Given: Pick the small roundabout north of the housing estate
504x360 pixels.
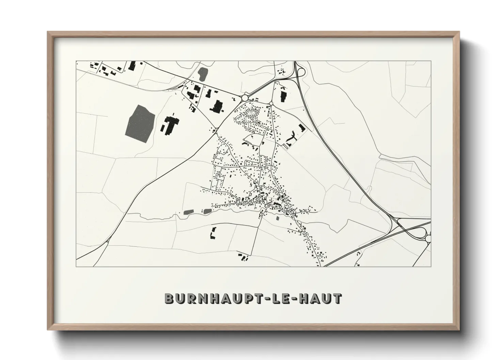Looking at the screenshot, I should click(271, 103).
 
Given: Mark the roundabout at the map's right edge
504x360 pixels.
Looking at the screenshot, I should click(428, 239).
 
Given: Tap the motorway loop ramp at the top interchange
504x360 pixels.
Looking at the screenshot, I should click(301, 71).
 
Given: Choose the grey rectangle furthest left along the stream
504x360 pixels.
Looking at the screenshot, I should click(188, 212).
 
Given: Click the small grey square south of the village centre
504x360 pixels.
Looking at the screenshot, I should click(278, 218).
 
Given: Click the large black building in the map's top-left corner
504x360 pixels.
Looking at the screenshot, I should click(132, 65).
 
